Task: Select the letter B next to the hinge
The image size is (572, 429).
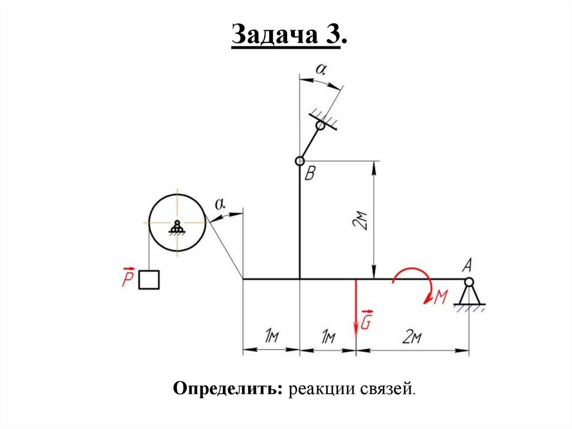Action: pyautogui.click(x=310, y=175)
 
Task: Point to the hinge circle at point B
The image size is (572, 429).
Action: pyautogui.click(x=300, y=162)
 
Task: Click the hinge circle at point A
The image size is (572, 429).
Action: pyautogui.click(x=468, y=281)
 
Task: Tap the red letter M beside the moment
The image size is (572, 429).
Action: pyautogui.click(x=440, y=298)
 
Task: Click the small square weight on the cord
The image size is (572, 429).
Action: pyautogui.click(x=149, y=280)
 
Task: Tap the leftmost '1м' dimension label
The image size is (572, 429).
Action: pyautogui.click(x=271, y=337)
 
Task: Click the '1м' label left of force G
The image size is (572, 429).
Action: pyautogui.click(x=328, y=337)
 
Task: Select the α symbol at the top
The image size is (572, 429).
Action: pyautogui.click(x=321, y=69)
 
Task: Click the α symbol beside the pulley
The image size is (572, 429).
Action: pyautogui.click(x=220, y=205)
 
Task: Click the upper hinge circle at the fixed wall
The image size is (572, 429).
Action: pyautogui.click(x=320, y=126)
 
